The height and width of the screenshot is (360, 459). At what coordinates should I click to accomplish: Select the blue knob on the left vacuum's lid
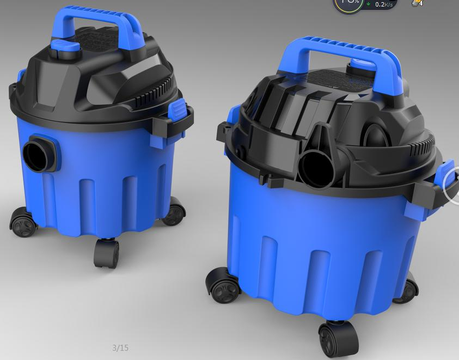coord(65,46)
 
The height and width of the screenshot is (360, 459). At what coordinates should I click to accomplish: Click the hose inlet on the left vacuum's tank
coord(38,154)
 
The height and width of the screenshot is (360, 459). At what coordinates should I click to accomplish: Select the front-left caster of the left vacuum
coord(22,223)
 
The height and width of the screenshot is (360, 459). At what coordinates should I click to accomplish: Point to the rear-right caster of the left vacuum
coord(174,212)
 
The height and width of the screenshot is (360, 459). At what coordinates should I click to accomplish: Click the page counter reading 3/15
coord(120,347)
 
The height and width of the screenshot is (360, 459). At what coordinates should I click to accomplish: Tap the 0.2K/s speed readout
coord(384,4)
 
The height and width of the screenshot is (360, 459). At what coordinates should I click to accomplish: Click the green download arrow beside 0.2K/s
coord(369,4)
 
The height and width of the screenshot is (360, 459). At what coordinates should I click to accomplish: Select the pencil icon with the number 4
coord(417,3)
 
